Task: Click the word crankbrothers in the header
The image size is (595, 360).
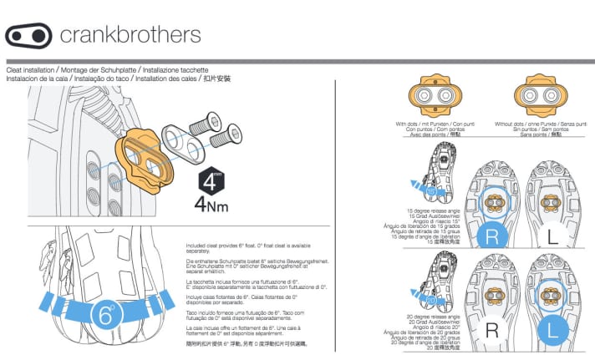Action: click(x=130, y=35)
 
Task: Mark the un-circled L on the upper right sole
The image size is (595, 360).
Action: click(x=552, y=236)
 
